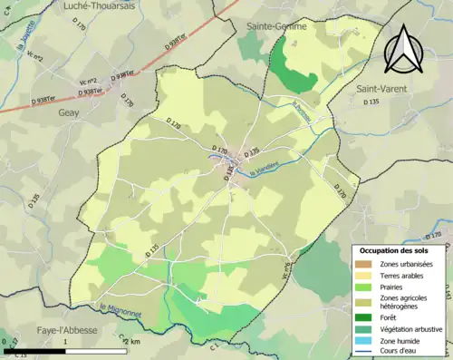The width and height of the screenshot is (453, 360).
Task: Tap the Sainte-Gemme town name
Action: [277, 27]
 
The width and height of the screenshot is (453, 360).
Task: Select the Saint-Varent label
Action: [381, 88]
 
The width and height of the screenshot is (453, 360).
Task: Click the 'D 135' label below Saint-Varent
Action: [372, 102]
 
